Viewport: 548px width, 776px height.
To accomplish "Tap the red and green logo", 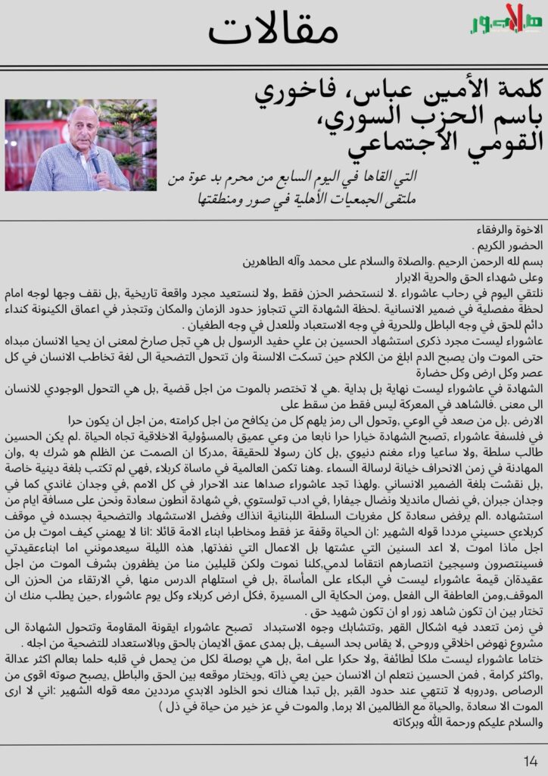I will (x=505, y=21).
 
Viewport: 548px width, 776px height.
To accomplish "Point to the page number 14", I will (x=531, y=760).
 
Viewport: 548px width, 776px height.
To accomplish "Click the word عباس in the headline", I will (x=402, y=93).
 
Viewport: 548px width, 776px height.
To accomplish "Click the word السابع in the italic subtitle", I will (x=360, y=179).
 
